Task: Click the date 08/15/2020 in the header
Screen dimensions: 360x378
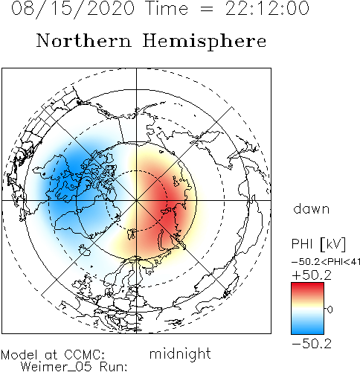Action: coord(73,8)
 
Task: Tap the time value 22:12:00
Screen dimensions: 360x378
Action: coord(267,8)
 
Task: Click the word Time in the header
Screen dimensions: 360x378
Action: coord(167,8)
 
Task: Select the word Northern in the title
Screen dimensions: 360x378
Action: coord(84,40)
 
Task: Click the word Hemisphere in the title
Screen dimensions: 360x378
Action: coord(205,42)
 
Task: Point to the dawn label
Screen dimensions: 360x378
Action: coord(312,208)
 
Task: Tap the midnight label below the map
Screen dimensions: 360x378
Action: coord(180,354)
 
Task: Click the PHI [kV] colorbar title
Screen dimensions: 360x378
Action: coord(318,244)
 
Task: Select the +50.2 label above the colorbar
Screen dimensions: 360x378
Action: coord(312,275)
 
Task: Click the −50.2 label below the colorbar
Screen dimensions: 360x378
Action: coord(312,344)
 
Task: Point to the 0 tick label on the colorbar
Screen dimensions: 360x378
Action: coord(330,310)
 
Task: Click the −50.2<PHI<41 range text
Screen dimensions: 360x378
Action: coord(326,262)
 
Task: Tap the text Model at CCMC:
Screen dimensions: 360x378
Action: coord(53,355)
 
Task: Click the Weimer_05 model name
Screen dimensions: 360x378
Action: coord(56,367)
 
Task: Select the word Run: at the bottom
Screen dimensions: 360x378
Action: coord(114,367)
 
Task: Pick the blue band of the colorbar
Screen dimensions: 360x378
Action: coord(307,327)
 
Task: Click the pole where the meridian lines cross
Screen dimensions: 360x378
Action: coord(136,200)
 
